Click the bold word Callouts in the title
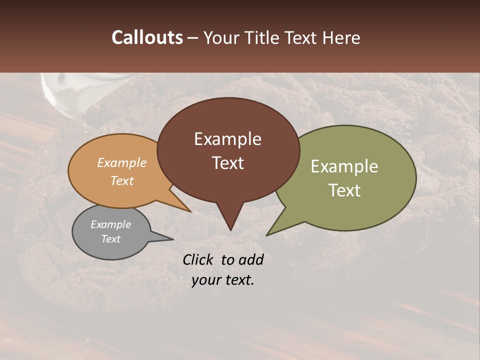coord(147,37)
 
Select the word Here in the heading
coord(341,38)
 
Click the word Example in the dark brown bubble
coord(227,139)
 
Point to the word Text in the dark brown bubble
coord(227,163)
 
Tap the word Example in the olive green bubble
coord(344,166)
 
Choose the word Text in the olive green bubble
coord(344,190)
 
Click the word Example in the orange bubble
coord(121,163)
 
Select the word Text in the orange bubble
coord(122,180)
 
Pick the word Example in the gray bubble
coord(110,224)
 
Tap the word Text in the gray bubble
coord(110,239)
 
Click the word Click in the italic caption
coord(198,259)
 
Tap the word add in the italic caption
coord(251,259)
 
